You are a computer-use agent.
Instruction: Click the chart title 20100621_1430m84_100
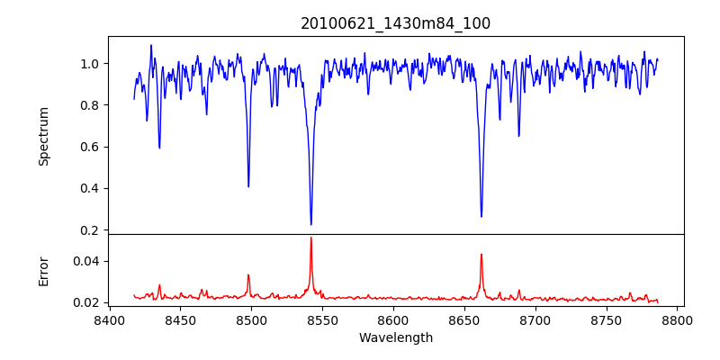(x=395, y=23)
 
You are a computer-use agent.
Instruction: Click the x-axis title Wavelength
(x=395, y=337)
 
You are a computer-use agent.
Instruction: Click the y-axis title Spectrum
(x=43, y=136)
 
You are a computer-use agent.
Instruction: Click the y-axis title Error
(x=43, y=270)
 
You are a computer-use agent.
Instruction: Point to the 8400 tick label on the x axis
(x=109, y=319)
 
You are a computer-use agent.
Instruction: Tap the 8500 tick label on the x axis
(x=251, y=319)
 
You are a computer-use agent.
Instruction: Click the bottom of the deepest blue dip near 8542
(x=310, y=224)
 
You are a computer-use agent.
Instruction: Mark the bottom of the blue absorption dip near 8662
(x=481, y=216)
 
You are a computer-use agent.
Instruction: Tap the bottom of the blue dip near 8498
(x=248, y=186)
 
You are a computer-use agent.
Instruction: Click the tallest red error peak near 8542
(x=310, y=238)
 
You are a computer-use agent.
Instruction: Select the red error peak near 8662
(x=481, y=254)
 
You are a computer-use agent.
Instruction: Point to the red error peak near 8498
(x=248, y=275)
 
